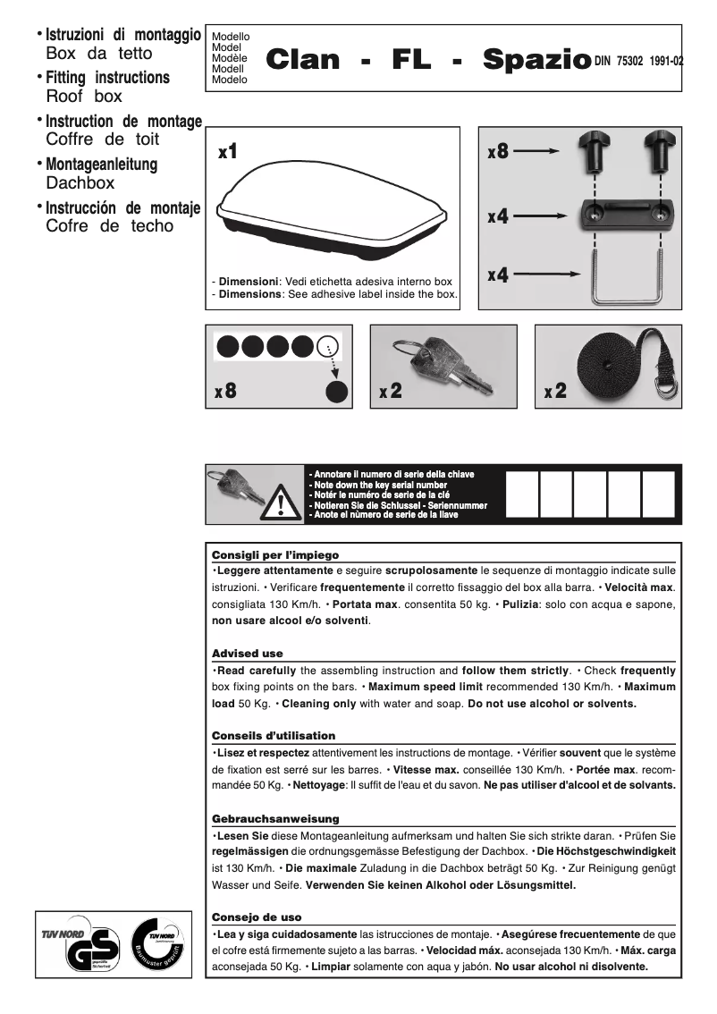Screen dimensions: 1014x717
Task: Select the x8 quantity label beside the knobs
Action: click(x=498, y=152)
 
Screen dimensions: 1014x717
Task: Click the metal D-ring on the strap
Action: click(x=666, y=387)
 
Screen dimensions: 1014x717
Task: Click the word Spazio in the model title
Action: click(x=536, y=61)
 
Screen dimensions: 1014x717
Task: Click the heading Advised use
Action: click(x=247, y=654)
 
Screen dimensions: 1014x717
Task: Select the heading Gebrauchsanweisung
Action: click(x=275, y=818)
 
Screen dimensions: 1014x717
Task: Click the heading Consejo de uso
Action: click(x=257, y=917)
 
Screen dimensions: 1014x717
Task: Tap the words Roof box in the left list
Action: click(x=84, y=96)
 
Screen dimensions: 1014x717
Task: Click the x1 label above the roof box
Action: click(x=228, y=152)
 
